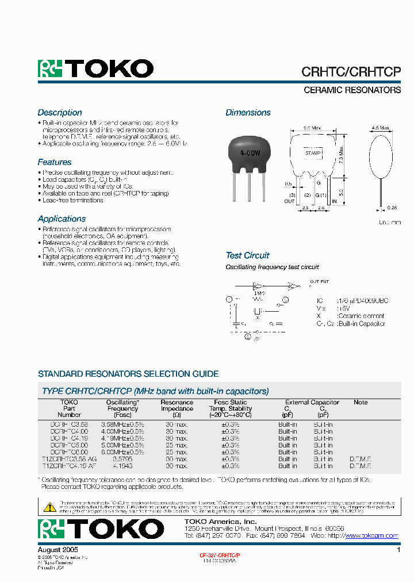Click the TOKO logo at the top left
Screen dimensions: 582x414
(95, 69)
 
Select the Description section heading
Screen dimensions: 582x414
(60, 113)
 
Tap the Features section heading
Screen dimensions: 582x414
(55, 162)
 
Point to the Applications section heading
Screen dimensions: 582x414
(62, 219)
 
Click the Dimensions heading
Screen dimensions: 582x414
(248, 113)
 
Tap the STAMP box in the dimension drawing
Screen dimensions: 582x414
(312, 154)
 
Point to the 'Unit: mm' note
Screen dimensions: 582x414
(389, 222)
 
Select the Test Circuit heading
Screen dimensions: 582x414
(247, 255)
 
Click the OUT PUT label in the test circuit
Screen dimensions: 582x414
(319, 282)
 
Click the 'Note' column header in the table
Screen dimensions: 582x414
(361, 403)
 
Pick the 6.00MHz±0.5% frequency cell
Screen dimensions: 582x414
(122, 452)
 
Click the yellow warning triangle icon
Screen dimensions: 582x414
(50, 507)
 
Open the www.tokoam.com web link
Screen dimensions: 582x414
(371, 535)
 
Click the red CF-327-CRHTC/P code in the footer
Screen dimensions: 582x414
(220, 556)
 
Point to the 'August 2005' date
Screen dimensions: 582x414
(57, 550)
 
